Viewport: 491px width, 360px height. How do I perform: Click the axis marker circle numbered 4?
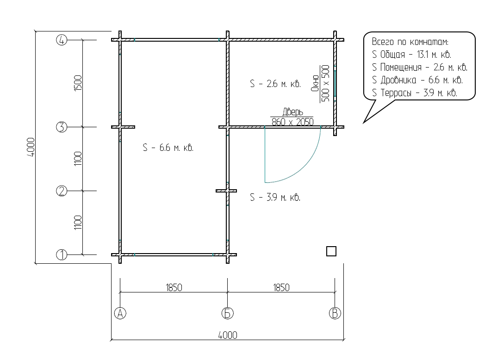62,40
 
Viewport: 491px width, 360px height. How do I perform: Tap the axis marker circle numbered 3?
62,127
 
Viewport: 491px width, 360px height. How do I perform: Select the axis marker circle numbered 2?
62,191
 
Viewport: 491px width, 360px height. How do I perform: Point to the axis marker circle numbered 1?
62,255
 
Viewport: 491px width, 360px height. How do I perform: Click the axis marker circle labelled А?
120,313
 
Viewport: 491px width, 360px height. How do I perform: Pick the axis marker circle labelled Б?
228,313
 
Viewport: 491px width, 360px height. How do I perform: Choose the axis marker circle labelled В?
335,313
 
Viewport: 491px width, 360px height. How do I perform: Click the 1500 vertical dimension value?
78,83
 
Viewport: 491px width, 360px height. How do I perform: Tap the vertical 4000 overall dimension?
31,147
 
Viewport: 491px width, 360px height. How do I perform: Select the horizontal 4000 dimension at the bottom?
228,335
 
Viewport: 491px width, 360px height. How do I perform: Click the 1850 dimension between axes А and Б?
174,287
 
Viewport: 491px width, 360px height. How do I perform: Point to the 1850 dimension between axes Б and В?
281,287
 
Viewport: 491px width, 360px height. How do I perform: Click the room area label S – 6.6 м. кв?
168,148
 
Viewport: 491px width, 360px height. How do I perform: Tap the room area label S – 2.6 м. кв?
275,84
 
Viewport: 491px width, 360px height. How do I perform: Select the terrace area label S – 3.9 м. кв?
275,197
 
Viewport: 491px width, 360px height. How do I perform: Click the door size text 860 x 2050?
292,122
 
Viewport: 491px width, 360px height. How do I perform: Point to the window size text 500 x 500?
326,83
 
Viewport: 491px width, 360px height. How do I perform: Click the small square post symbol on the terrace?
331,251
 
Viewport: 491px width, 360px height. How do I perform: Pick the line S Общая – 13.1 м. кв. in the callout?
412,55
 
